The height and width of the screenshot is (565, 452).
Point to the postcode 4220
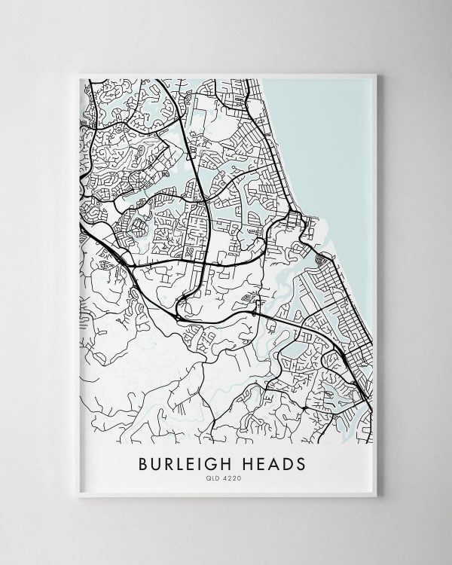[x=232, y=478]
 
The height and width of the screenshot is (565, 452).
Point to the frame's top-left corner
[x=78, y=75]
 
